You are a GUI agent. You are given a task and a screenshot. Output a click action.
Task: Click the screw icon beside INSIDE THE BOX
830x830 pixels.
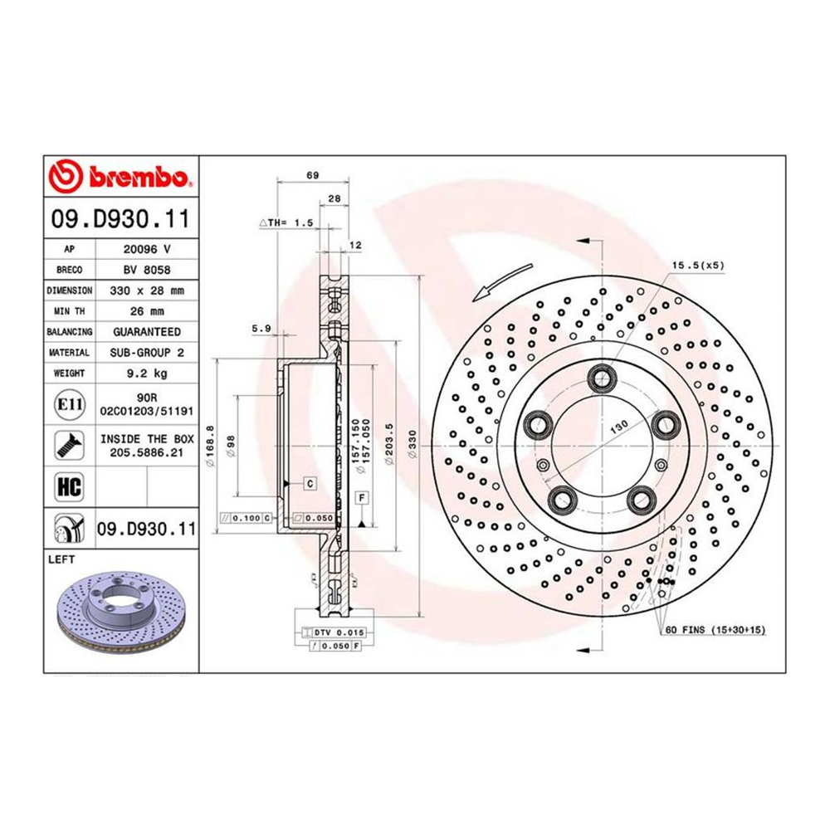point(67,445)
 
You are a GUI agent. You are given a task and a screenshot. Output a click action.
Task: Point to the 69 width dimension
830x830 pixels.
point(312,175)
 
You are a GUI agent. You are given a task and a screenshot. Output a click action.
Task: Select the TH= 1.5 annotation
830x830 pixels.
point(286,223)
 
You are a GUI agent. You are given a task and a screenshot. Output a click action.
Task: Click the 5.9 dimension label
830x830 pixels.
point(262,329)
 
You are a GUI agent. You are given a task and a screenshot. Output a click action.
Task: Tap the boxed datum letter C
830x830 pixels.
point(308,482)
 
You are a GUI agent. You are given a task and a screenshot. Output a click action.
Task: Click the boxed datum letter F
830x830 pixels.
point(362,497)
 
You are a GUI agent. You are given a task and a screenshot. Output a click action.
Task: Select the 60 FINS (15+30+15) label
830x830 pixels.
point(715,631)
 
